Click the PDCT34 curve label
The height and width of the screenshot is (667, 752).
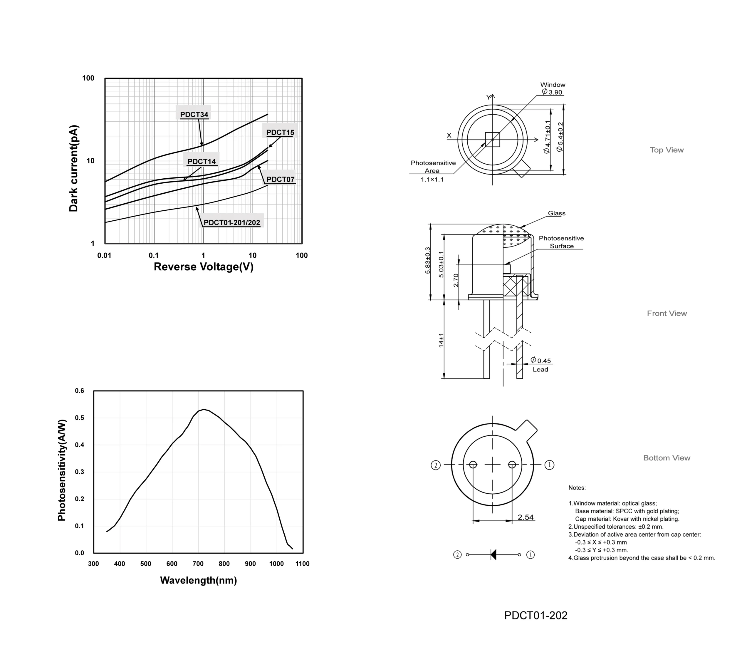194,115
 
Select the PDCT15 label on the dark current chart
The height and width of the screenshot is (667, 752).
280,133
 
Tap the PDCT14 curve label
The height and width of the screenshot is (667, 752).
201,162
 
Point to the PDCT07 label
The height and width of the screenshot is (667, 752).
280,179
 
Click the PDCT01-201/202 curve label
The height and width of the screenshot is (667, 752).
232,223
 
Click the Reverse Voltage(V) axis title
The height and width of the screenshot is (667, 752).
204,267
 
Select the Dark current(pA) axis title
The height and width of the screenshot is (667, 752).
73,168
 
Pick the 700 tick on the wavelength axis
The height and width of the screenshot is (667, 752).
198,564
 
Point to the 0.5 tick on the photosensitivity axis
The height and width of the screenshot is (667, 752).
80,418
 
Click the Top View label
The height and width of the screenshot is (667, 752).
667,150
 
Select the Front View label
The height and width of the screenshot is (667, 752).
667,313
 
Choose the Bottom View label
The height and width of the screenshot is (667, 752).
667,458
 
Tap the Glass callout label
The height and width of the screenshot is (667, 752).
557,213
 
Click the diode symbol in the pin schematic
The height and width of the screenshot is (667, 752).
493,555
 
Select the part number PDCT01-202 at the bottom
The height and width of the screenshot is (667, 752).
536,616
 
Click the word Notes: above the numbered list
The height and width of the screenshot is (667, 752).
577,488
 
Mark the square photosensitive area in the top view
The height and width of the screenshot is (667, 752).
493,140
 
